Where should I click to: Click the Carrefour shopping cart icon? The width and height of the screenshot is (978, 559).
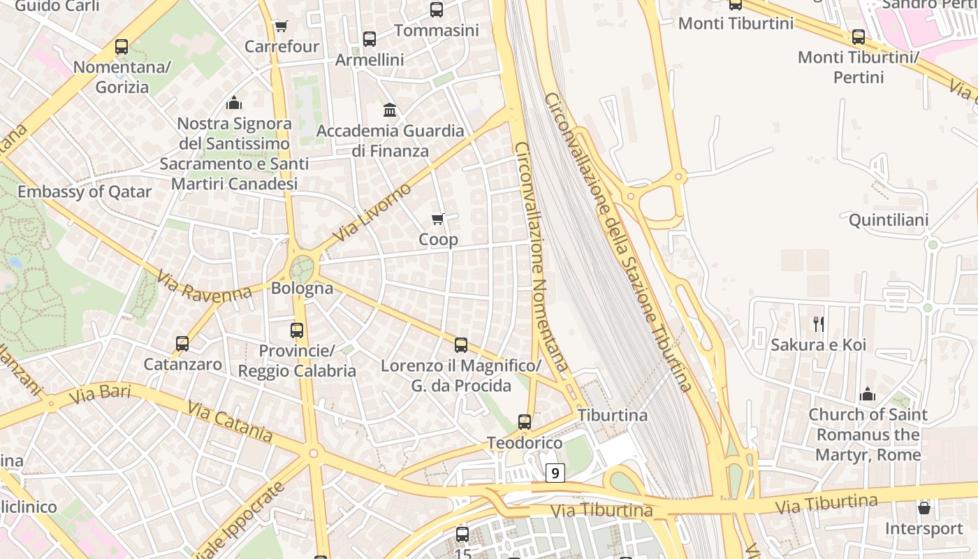pos(281,27)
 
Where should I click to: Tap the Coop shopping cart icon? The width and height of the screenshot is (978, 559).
pos(438,219)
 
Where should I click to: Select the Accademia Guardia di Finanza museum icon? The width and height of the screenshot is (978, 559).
pos(390,110)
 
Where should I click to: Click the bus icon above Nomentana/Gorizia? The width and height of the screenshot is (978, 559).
pos(122,48)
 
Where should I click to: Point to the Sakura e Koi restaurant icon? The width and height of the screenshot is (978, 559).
pos(819,324)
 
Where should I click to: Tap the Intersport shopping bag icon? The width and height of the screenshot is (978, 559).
pos(924,508)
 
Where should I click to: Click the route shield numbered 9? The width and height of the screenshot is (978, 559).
pos(555,473)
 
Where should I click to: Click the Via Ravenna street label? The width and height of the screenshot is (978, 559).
pos(204,286)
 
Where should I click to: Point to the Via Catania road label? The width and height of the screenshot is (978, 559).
pos(229,421)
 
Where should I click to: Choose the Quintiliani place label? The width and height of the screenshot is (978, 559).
pos(889,221)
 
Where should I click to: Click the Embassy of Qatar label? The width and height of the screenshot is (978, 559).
pos(85,192)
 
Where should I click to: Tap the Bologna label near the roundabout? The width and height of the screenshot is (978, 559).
pos(302,288)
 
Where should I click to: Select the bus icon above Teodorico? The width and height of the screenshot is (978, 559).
pos(525,422)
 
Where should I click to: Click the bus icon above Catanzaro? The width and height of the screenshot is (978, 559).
pos(182,344)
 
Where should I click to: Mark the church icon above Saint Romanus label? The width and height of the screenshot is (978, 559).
pos(868,394)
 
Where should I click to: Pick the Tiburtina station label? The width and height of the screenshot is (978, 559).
pos(613,415)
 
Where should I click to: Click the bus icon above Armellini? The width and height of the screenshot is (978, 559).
pos(370,39)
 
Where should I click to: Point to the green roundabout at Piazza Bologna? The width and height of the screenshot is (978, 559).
pos(302,268)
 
